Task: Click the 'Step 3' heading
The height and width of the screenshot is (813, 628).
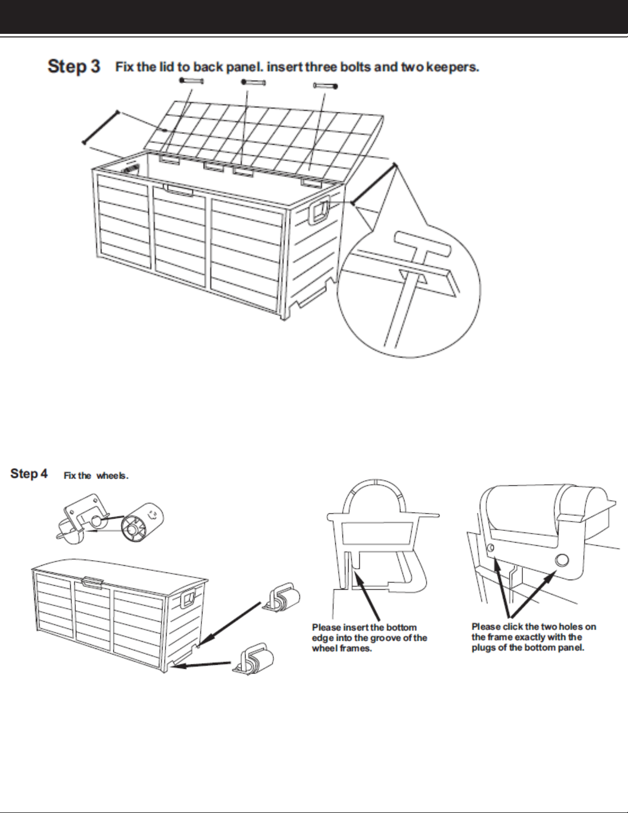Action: click(x=74, y=66)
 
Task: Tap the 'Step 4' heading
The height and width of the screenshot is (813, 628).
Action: click(x=29, y=473)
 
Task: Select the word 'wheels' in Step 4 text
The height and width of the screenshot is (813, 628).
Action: click(x=112, y=476)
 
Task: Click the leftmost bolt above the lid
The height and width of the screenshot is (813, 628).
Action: click(x=192, y=81)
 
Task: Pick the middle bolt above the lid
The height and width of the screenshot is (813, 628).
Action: click(x=253, y=82)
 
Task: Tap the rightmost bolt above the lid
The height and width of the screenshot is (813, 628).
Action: click(x=325, y=85)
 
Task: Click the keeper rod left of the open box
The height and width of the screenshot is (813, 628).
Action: click(x=100, y=127)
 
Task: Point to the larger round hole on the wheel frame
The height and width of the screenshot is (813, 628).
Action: click(x=562, y=560)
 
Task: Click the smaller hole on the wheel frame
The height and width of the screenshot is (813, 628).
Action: click(x=491, y=548)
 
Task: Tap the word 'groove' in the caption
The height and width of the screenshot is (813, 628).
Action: click(x=374, y=638)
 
